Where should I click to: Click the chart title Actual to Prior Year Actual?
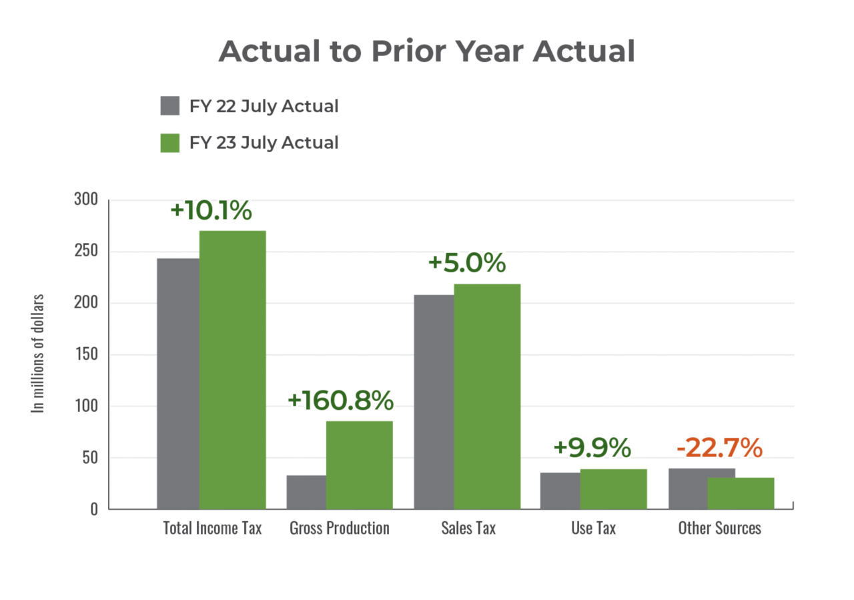426,51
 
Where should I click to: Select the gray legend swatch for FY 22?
170,106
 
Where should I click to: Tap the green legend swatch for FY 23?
170,143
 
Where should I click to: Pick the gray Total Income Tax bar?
177,383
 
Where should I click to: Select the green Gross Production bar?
360,465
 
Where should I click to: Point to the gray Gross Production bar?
306,492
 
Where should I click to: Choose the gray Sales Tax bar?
433,401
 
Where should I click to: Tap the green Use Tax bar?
613,489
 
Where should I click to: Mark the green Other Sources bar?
741,493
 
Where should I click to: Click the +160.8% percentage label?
340,400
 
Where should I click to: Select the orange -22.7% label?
719,448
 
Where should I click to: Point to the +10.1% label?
211,210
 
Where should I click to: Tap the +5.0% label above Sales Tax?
466,263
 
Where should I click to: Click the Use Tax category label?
593,528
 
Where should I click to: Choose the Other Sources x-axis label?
719,528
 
